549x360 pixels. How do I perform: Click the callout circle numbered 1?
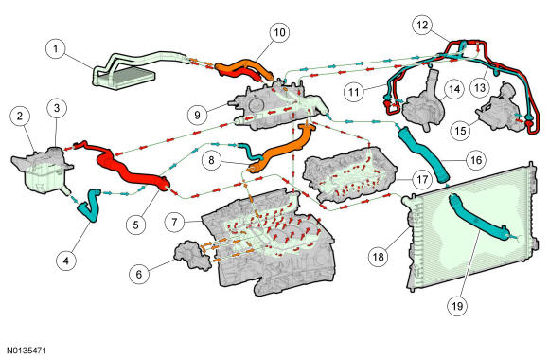pos(56,48)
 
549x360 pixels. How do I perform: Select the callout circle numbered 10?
pos(279,32)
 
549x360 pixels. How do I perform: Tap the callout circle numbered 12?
pos(422,25)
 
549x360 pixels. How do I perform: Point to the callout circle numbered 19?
pos(457,306)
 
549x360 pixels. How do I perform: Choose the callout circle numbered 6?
pos(139,274)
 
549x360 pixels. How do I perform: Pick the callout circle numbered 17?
pos(422,179)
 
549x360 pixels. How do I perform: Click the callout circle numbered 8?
pos(211,160)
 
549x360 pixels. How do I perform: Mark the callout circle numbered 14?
pos(454,89)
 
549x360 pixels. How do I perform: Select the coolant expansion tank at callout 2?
pos(42,170)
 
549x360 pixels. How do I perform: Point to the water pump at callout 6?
pos(192,254)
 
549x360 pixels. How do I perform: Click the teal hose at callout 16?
pos(424,155)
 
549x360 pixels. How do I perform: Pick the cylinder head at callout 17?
pos(350,175)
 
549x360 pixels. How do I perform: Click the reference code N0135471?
pos(27,351)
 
